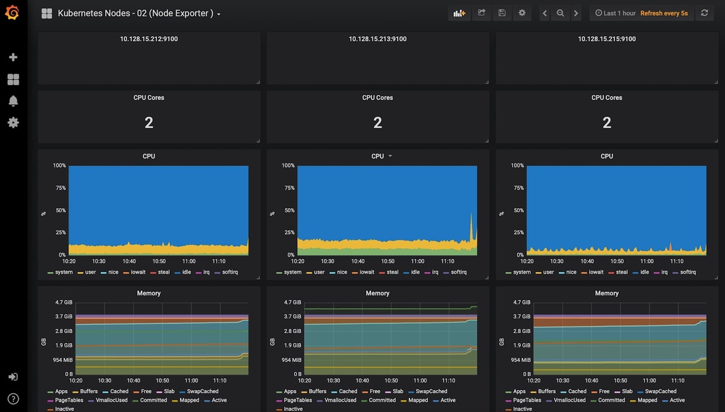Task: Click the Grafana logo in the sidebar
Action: [12, 13]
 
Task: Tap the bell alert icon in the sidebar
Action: [13, 101]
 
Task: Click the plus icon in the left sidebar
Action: [13, 57]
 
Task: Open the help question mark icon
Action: [13, 399]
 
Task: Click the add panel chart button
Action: [459, 13]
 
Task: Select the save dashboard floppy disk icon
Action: [501, 13]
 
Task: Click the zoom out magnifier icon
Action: [560, 13]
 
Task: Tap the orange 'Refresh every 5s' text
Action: [664, 13]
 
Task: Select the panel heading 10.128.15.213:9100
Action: [378, 39]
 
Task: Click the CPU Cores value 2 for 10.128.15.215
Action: [607, 123]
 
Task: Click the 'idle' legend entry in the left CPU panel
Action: [183, 272]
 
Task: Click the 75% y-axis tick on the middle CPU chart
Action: [289, 188]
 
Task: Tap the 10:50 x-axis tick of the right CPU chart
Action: [617, 261]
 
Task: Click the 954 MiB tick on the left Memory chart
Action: [63, 360]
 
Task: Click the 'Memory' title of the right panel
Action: [607, 293]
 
